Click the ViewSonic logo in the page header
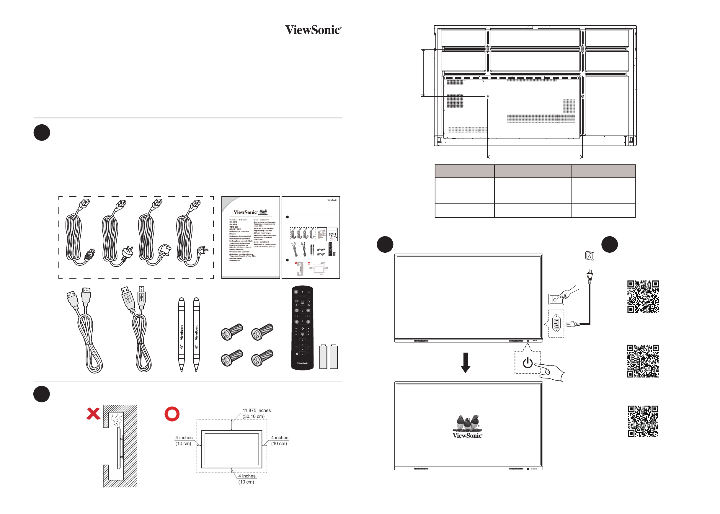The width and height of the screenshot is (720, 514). coord(313,30)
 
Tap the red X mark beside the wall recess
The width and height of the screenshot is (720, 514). coord(93,414)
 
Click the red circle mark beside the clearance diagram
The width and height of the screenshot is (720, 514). coord(172,414)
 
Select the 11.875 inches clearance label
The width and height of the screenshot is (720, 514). coord(256,410)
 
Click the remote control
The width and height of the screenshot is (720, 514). coord(302,328)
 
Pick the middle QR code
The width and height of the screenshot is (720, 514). coord(643,361)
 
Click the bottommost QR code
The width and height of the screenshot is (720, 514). coord(643,421)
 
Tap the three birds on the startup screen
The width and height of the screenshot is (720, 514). coord(467,423)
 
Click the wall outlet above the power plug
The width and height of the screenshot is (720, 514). coord(589,256)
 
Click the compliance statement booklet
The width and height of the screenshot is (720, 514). coord(250,237)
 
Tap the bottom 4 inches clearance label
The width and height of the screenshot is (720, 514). coord(247,476)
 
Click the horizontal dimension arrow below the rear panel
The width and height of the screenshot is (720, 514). coord(535,156)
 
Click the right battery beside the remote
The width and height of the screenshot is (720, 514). coord(334,357)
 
